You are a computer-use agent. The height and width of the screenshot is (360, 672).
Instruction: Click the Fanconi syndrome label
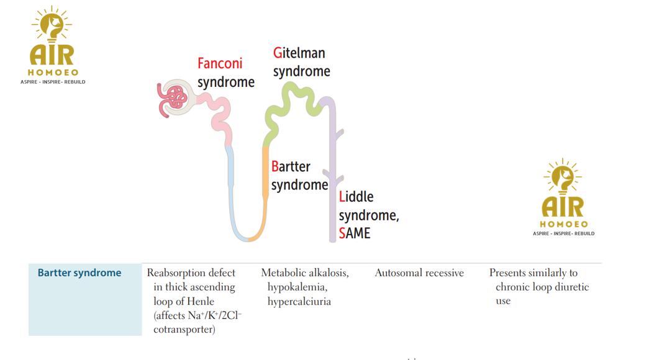pyautogui.click(x=225, y=73)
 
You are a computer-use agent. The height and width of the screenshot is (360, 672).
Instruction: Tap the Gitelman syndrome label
pyautogui.click(x=301, y=62)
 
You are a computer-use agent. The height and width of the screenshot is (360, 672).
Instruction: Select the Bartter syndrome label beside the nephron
pyautogui.click(x=299, y=176)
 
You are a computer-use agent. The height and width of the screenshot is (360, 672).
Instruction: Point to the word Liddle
pyautogui.click(x=356, y=197)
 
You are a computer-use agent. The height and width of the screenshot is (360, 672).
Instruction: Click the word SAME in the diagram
pyautogui.click(x=354, y=233)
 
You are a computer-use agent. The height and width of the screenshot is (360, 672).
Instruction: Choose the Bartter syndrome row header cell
pyautogui.click(x=79, y=273)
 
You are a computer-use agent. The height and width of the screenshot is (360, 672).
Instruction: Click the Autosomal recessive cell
pyautogui.click(x=419, y=273)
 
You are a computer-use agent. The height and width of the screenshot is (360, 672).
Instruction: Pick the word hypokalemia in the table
pyautogui.click(x=297, y=287)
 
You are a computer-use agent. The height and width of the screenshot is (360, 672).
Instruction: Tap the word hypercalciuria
pyautogui.click(x=299, y=302)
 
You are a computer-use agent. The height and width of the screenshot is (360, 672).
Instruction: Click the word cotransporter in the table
pyautogui.click(x=184, y=330)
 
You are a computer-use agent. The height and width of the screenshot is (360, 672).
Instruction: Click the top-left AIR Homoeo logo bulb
pyautogui.click(x=52, y=25)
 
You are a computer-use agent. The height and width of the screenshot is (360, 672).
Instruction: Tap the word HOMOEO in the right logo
pyautogui.click(x=563, y=224)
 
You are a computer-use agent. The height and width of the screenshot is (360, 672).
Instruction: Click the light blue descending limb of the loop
pyautogui.click(x=230, y=186)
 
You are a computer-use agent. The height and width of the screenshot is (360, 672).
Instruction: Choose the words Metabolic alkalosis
pyautogui.click(x=304, y=273)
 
